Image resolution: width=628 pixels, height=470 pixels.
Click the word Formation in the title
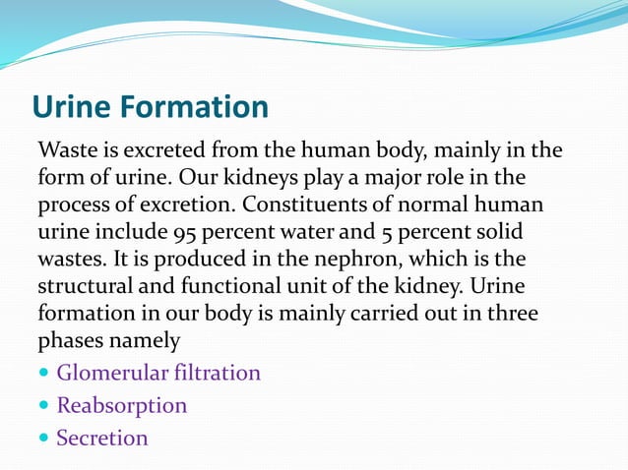point(194,106)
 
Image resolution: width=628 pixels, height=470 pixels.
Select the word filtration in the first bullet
point(217,374)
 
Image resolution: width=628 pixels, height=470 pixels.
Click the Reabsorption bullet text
point(121,405)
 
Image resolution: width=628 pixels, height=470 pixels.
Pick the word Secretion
point(102,438)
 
